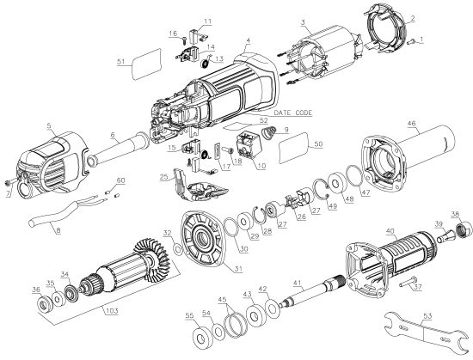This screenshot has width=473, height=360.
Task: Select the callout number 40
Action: pyautogui.click(x=389, y=230)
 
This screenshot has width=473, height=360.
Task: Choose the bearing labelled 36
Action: pyautogui.click(x=39, y=304)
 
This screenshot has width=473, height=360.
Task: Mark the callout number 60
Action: pyautogui.click(x=120, y=180)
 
